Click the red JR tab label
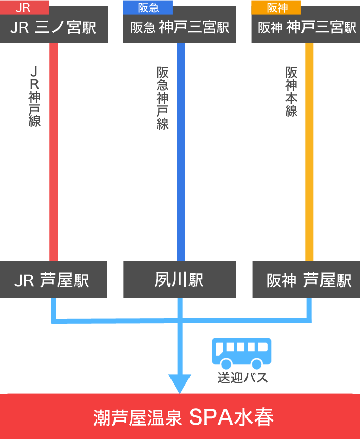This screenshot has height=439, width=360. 24,8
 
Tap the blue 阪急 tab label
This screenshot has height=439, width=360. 148,8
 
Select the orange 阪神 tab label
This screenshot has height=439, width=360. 276,8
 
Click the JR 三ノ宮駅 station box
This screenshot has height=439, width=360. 54,27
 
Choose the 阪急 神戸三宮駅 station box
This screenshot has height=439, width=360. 180,27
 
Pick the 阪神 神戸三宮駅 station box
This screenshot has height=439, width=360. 307,27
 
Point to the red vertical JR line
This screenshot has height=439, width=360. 53,154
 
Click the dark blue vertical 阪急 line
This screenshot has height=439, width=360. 181,154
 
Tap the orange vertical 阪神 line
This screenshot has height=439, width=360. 309,154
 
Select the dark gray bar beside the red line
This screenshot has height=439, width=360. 34,96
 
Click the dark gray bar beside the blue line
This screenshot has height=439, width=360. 162,98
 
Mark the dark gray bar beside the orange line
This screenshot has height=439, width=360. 291,92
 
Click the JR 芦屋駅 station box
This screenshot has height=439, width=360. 54,280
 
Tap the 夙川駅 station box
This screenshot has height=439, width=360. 180,280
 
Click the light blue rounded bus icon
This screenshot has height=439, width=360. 241,353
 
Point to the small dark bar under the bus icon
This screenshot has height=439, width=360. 242,378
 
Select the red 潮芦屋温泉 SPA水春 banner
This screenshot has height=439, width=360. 180,416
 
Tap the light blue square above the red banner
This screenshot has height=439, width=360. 180,383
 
